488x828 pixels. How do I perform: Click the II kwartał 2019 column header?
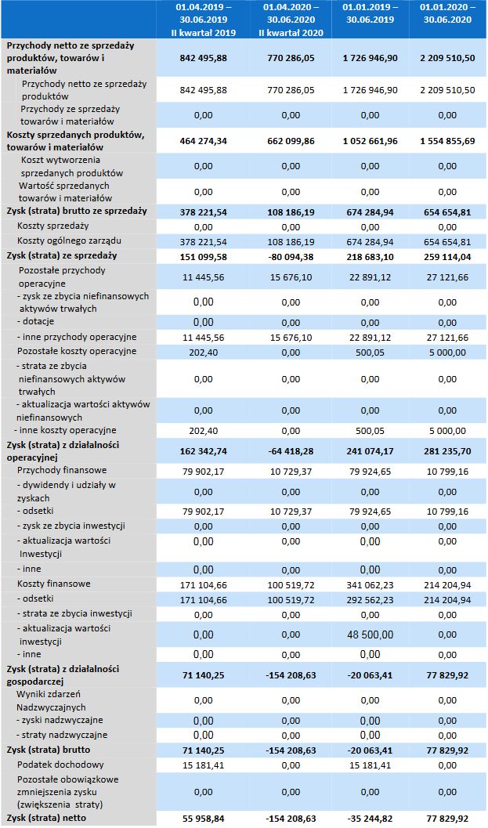[x=203, y=20]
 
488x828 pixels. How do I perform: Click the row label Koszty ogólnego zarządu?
[x=69, y=240]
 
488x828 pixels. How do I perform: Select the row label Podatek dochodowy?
[x=60, y=765]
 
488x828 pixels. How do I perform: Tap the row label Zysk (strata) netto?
[x=46, y=818]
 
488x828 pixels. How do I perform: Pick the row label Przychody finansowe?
[x=62, y=470]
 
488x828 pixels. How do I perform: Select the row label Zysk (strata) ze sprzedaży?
[x=62, y=255]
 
